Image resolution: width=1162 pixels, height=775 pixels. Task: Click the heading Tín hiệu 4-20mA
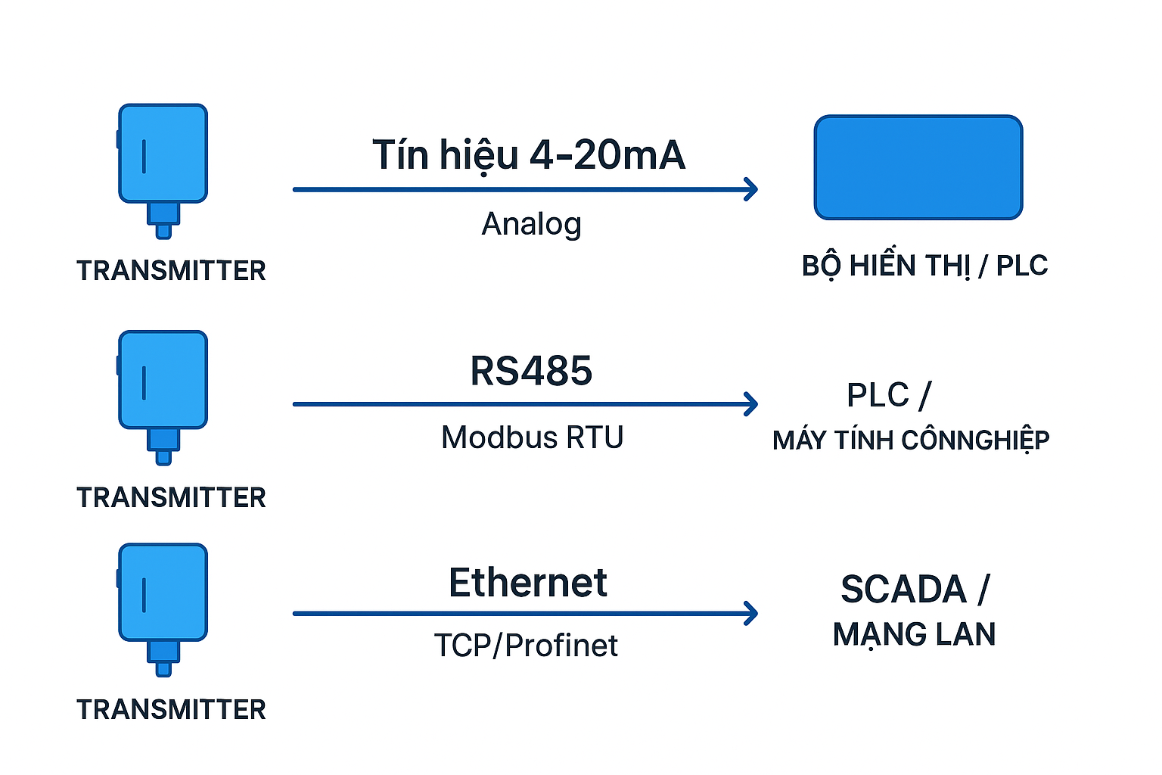pos(528,155)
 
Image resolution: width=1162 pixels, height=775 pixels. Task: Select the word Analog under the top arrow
pos(531,224)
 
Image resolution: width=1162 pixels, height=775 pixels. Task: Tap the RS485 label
pos(531,371)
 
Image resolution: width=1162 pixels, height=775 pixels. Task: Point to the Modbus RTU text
pos(532,437)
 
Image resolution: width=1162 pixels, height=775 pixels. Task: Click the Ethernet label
pos(527,583)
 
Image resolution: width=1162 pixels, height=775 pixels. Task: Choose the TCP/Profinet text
pos(526,646)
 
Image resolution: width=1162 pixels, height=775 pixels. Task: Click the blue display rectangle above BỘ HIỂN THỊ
pos(918,167)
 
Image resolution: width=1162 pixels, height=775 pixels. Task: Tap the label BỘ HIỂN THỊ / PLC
pos(924,266)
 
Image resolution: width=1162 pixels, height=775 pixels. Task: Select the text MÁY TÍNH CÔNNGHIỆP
pos(911,440)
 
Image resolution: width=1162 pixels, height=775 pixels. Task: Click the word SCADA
pos(903,590)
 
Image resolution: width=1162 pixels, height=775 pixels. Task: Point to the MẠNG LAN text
pos(914,634)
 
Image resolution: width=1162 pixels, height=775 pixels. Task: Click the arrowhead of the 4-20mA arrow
pos(750,189)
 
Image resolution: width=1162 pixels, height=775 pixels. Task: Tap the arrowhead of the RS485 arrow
pos(750,404)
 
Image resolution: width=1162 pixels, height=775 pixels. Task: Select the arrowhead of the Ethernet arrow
pos(750,613)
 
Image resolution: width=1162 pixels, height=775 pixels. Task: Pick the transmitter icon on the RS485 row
pos(163,394)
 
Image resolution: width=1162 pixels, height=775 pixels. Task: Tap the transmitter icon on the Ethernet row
pos(163,606)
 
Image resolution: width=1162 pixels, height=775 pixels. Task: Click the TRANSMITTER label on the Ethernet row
pos(171,710)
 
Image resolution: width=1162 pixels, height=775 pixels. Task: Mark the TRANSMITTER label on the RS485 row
pos(171,498)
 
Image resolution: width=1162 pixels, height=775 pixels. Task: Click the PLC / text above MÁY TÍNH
pos(888,395)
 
